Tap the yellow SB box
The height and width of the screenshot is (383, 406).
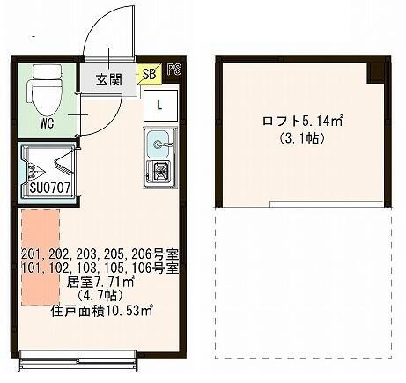point(149,74)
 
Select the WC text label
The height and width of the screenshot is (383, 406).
point(47,123)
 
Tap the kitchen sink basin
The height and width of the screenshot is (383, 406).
point(159,141)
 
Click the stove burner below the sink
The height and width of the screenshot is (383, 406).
point(161,170)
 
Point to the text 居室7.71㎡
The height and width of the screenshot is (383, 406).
point(100,282)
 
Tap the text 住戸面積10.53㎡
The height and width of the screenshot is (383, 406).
point(100,310)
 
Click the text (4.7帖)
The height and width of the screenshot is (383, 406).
point(100,296)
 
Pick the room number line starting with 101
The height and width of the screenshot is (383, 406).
point(100,268)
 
